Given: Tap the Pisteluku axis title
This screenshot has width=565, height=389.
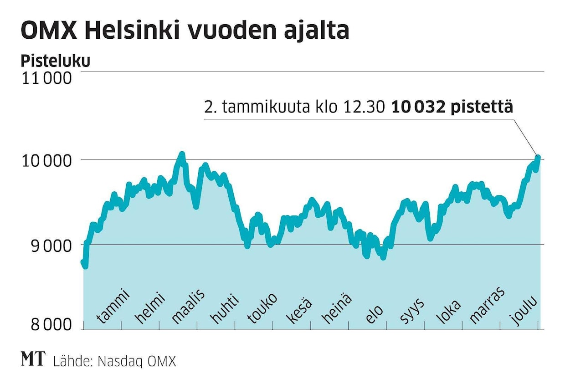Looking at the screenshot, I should pyautogui.click(x=55, y=61).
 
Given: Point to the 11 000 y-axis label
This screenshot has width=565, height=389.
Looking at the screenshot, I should pyautogui.click(x=46, y=78).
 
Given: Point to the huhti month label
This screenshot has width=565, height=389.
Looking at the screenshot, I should pyautogui.click(x=224, y=308).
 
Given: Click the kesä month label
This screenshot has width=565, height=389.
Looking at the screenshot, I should pyautogui.click(x=299, y=310).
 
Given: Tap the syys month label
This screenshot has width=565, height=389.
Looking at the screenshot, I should pyautogui.click(x=411, y=311).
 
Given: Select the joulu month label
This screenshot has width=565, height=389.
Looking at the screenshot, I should pyautogui.click(x=524, y=309).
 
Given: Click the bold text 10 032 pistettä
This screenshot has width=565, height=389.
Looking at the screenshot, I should pyautogui.click(x=452, y=108).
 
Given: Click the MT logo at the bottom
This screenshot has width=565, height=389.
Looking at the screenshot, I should pyautogui.click(x=33, y=359).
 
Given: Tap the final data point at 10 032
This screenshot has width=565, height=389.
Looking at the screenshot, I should pyautogui.click(x=538, y=157).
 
